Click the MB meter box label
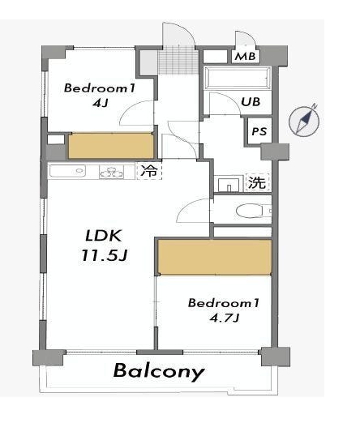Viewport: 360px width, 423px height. pos(245,57)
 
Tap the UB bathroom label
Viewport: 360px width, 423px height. pos(251,102)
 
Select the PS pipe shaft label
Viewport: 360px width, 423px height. pos(259,131)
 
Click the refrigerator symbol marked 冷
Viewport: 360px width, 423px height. pos(149,170)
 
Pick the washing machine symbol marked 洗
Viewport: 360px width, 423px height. pos(257,182)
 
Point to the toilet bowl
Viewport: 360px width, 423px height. pos(250,211)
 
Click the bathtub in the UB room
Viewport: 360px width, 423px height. pos(238,78)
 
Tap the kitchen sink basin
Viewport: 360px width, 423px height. pos(66,171)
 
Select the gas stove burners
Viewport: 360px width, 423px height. pos(111,172)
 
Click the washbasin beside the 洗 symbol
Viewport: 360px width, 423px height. pos(229,184)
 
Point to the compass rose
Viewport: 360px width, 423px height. pos(305,121)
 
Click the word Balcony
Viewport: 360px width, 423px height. pos(159,371)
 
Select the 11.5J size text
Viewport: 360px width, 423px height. pos(105,255)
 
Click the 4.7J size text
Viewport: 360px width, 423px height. pos(225,318)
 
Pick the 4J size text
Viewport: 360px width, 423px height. pos(101,103)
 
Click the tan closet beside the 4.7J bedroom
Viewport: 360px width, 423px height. pos(215,257)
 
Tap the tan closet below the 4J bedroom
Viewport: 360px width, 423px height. pos(110,146)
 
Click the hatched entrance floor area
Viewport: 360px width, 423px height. pos(178,62)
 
